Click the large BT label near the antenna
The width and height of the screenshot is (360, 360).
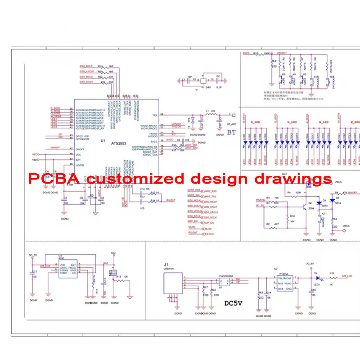tap(231, 132)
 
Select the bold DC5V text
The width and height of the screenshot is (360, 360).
tap(233, 302)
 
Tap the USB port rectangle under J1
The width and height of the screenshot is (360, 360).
tap(172, 283)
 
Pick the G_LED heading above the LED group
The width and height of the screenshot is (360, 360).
tap(279, 122)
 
